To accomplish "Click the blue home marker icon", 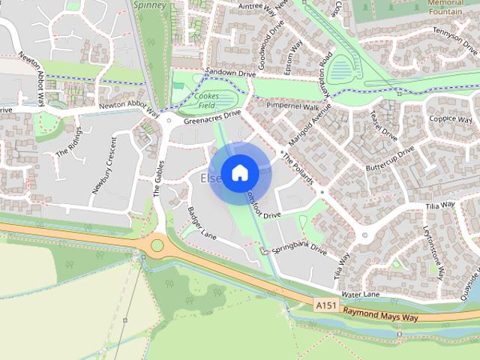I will [x=239, y=172].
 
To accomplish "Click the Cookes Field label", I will [x=205, y=100].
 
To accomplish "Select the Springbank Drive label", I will [x=298, y=248].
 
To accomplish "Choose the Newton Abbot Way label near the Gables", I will [x=129, y=109].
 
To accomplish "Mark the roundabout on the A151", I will [x=157, y=244].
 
